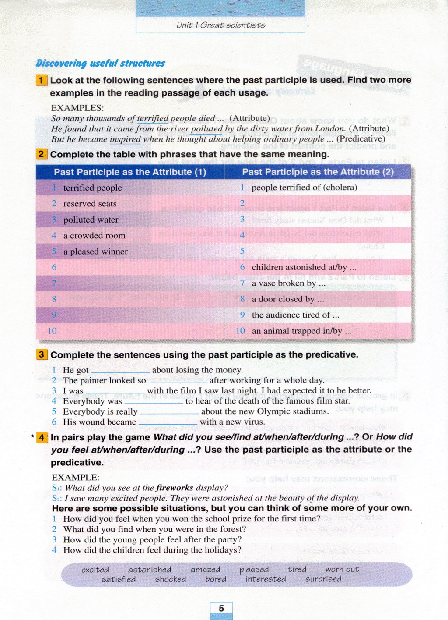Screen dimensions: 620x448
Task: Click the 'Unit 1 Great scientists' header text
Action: (x=220, y=25)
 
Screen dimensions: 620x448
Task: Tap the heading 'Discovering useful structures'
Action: (x=100, y=63)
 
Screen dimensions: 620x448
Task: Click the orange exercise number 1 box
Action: (x=41, y=80)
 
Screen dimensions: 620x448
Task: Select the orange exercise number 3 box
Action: (x=42, y=354)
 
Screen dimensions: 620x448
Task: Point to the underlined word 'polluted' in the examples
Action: (x=206, y=129)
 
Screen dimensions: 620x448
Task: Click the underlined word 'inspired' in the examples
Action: (x=125, y=139)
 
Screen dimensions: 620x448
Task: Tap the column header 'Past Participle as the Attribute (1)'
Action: (x=130, y=172)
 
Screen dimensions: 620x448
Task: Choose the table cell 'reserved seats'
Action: (x=90, y=204)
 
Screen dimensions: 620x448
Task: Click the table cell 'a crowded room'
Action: (x=94, y=236)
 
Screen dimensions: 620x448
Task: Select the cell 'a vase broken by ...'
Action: (x=288, y=283)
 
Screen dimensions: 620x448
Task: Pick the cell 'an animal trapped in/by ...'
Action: (x=301, y=331)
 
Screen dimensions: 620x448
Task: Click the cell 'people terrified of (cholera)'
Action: (x=304, y=188)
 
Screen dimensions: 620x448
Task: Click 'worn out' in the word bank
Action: (x=342, y=570)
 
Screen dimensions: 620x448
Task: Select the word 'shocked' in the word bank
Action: (x=170, y=579)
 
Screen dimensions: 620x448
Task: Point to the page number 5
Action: (x=221, y=608)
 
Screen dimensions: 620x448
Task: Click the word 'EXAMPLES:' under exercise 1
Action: (x=77, y=108)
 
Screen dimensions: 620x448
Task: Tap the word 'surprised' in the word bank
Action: (x=323, y=579)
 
